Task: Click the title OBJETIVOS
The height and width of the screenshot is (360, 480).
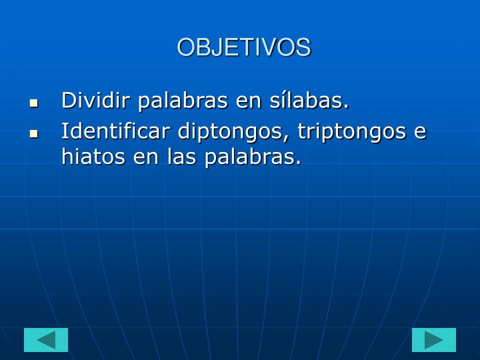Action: (243, 47)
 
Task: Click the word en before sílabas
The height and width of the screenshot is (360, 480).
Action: (249, 102)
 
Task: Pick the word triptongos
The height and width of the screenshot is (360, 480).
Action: (351, 131)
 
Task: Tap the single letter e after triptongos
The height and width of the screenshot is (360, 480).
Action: (420, 132)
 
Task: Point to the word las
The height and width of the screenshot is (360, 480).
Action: (181, 157)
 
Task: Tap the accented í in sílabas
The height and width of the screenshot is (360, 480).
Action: (285, 101)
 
